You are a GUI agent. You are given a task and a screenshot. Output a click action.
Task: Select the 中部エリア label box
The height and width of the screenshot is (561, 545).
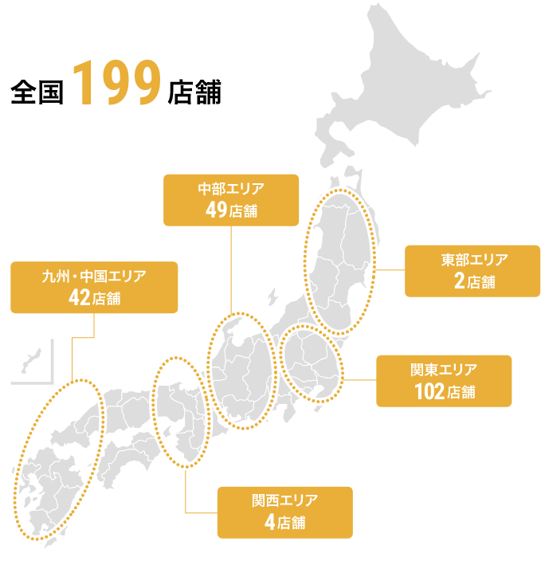tap(231, 200)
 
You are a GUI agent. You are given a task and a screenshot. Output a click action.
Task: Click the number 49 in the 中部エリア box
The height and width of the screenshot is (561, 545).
tap(216, 211)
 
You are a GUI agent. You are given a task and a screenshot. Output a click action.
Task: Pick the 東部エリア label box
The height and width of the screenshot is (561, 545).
tap(472, 271)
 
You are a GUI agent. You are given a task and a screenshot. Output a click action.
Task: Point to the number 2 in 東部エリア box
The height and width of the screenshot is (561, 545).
tap(459, 281)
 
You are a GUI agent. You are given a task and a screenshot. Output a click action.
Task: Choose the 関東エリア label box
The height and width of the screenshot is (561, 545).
tap(444, 381)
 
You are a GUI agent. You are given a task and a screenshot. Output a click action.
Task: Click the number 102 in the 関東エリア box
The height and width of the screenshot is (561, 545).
tap(428, 391)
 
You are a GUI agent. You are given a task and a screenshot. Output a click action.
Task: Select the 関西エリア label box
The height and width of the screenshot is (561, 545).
tap(284, 512)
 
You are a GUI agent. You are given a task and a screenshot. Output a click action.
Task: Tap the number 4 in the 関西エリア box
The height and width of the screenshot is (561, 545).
tap(270, 523)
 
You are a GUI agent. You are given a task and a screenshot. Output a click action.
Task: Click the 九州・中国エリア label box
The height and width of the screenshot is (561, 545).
tap(94, 287)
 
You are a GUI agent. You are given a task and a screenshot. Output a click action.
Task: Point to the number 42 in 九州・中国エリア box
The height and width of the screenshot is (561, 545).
tap(80, 299)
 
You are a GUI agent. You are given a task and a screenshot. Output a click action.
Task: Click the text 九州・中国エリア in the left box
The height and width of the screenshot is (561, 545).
tap(94, 277)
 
